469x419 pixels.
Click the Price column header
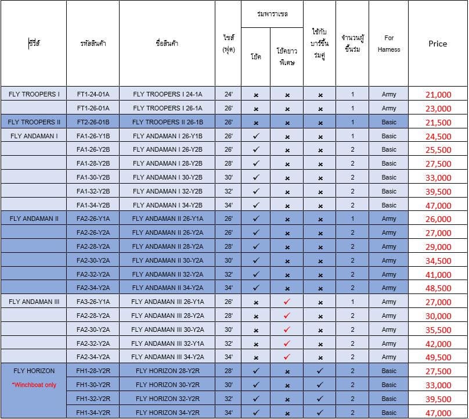click(438, 44)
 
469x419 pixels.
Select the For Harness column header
click(389, 44)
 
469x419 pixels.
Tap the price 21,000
click(438, 95)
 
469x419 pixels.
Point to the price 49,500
click(438, 357)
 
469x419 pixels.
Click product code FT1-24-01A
click(93, 94)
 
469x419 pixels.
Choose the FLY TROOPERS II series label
click(34, 122)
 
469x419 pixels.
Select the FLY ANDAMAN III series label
click(34, 302)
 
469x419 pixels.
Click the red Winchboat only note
click(34, 385)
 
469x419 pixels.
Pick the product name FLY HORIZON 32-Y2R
click(167, 399)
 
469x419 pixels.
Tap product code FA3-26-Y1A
click(93, 302)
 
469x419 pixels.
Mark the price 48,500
click(438, 288)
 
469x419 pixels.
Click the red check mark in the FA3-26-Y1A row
click(287, 302)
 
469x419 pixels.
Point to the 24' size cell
click(228, 94)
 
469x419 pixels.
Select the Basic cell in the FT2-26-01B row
click(389, 122)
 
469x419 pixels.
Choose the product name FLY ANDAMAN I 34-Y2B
click(167, 205)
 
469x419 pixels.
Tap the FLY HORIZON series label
click(34, 371)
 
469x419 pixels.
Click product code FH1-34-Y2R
click(93, 413)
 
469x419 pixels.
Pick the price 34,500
click(438, 261)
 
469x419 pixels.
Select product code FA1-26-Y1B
click(93, 136)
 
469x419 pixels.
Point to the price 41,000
click(438, 275)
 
